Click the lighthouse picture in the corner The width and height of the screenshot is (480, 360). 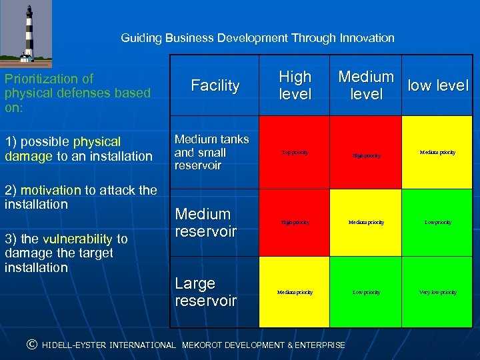click(x=26, y=33)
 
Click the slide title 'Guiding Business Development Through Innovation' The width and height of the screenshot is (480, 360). click(x=257, y=38)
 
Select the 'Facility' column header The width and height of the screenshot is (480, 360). click(x=215, y=85)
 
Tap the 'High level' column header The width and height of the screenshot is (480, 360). click(x=295, y=85)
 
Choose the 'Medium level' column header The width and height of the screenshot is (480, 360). click(x=366, y=85)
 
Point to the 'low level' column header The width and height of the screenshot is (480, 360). click(x=438, y=85)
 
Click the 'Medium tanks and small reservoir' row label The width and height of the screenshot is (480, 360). click(x=211, y=152)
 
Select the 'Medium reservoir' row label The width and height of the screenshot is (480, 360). click(x=205, y=223)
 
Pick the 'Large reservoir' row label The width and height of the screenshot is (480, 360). click(x=205, y=292)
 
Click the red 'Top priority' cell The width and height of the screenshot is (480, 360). click(x=295, y=153)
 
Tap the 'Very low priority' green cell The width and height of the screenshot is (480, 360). click(x=438, y=292)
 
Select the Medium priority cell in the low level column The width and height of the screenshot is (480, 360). click(x=438, y=153)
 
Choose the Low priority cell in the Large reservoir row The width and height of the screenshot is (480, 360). click(x=366, y=292)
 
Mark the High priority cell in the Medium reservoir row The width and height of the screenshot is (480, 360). click(x=295, y=222)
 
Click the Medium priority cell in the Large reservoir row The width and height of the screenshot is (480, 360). click(x=295, y=292)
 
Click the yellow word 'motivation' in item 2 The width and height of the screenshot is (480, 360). click(x=53, y=190)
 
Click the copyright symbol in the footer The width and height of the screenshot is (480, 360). click(x=31, y=345)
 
